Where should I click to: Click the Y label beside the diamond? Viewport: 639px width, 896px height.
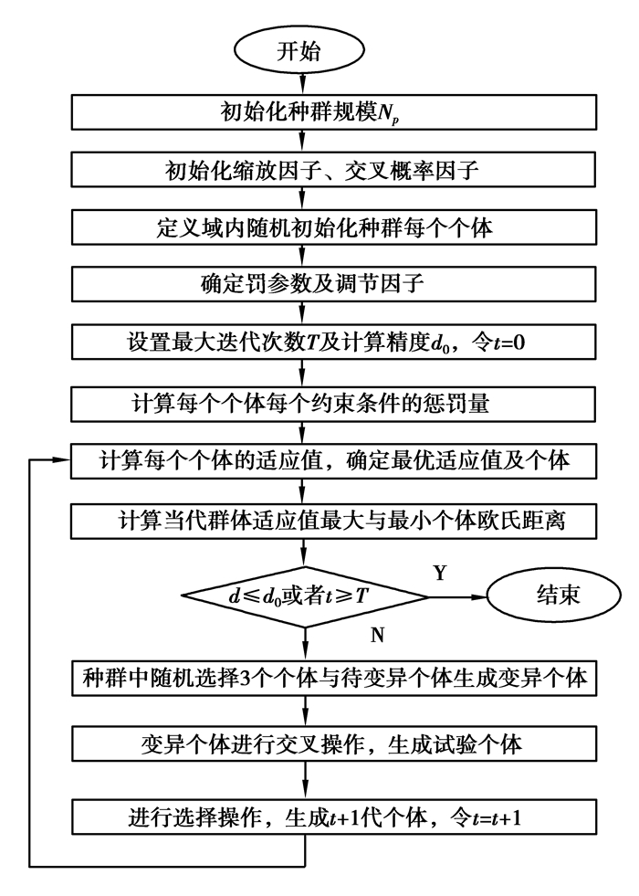440,573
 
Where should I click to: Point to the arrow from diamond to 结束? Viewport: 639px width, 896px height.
456,599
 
